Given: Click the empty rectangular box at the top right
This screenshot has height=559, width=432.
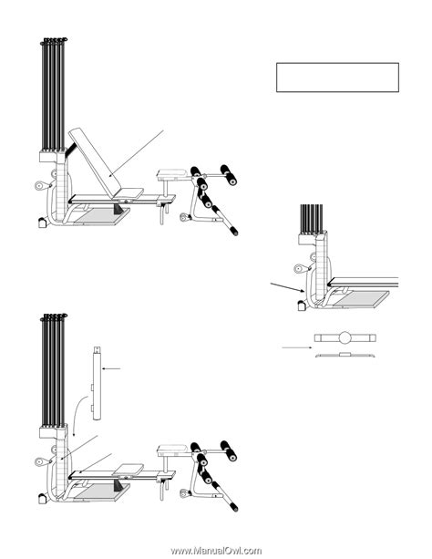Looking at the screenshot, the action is coord(337,78).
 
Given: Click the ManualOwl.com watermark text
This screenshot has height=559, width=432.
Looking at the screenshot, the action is coord(216,551).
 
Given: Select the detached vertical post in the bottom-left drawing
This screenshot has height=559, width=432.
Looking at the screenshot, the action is coord(97,383).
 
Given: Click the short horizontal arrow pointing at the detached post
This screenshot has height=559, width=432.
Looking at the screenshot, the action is coord(111,368).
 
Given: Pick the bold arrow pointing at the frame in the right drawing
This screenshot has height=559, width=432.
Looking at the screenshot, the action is coord(287,287).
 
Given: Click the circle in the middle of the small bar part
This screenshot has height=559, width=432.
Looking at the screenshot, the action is coord(345,337).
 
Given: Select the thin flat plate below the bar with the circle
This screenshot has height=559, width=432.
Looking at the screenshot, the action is coord(345,355).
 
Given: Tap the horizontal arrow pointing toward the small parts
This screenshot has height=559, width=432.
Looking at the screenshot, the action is coord(297,347).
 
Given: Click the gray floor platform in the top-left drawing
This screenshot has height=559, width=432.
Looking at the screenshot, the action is coord(102,217).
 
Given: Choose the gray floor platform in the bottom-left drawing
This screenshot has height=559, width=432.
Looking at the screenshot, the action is coord(102,493).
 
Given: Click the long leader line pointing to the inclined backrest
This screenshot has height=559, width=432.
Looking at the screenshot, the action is coord(137,153).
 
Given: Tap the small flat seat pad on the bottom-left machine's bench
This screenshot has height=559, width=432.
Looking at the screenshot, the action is coord(129,469).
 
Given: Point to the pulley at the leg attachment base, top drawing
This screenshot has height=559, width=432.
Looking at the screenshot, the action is coord(184,217).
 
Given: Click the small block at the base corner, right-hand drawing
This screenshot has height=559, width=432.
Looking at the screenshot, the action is coord(302,306).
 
